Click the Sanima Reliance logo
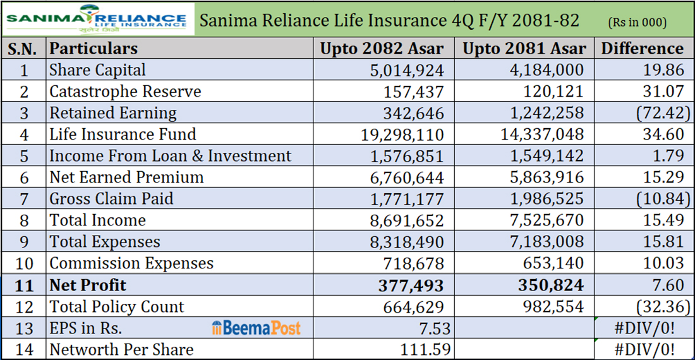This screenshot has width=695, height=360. pyautogui.click(x=97, y=19)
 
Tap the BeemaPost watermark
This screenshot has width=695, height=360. pyautogui.click(x=256, y=328)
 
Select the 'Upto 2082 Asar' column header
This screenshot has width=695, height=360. pyautogui.click(x=382, y=49)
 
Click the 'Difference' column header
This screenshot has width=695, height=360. pyautogui.click(x=643, y=49)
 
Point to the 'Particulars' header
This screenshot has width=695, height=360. pyautogui.click(x=94, y=49)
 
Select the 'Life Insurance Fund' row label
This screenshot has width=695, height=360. pyautogui.click(x=123, y=135)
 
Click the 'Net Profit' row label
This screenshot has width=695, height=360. pyautogui.click(x=88, y=285)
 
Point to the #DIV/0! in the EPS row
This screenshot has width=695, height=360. pyautogui.click(x=653, y=328)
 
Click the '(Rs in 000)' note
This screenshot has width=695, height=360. pyautogui.click(x=637, y=22)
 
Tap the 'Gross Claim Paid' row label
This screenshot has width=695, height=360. pyautogui.click(x=111, y=199)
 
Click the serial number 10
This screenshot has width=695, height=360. pyautogui.click(x=24, y=263)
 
